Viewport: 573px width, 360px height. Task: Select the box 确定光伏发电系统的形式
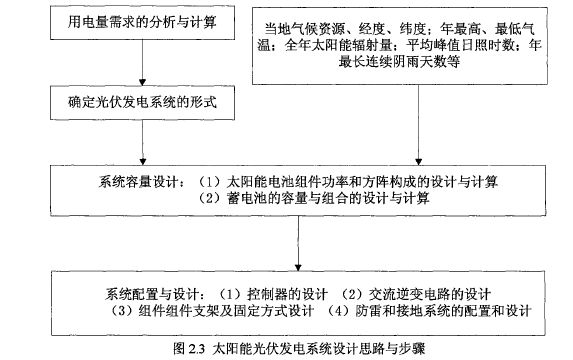pyautogui.click(x=143, y=101)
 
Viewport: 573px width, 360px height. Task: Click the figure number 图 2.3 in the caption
pyautogui.click(x=184, y=348)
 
